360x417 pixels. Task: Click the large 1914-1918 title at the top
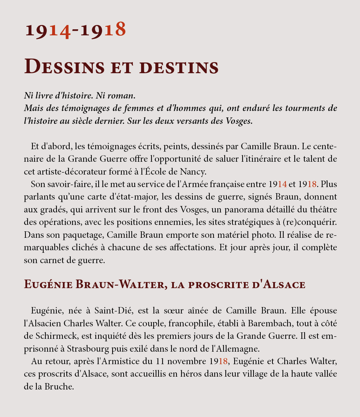pos(75,30)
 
